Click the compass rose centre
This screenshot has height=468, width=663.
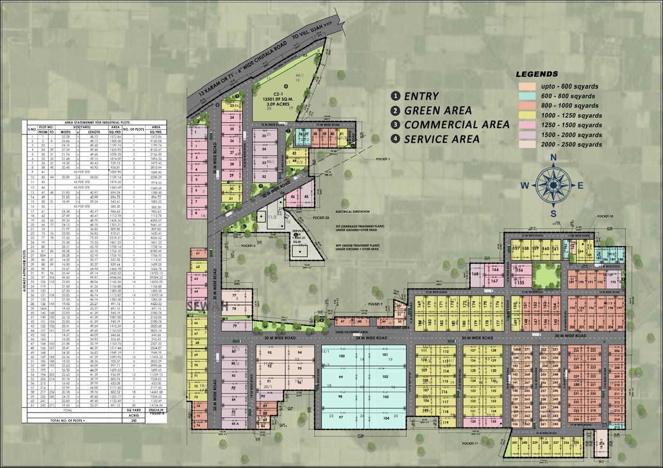pyautogui.click(x=553, y=184)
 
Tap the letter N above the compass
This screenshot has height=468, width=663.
pyautogui.click(x=553, y=158)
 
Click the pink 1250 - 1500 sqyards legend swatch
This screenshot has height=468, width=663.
pyautogui.click(x=528, y=125)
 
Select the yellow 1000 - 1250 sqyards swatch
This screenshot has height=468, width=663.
pyautogui.click(x=528, y=115)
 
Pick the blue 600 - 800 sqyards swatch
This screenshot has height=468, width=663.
pyautogui.click(x=528, y=96)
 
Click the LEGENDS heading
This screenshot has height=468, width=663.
pyautogui.click(x=537, y=74)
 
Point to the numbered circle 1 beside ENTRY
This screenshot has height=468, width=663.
pyautogui.click(x=396, y=96)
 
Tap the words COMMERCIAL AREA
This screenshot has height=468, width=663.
pyautogui.click(x=456, y=125)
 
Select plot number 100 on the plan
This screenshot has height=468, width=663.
pyautogui.click(x=341, y=356)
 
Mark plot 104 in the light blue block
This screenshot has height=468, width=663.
pyautogui.click(x=386, y=418)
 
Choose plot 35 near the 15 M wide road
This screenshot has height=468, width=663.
pyautogui.click(x=264, y=135)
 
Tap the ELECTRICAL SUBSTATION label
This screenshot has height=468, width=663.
pyautogui.click(x=352, y=212)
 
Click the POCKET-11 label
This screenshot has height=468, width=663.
pyautogui.click(x=472, y=444)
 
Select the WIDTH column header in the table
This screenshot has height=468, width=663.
pyautogui.click(x=65, y=132)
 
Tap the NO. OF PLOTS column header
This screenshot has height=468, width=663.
pyautogui.click(x=134, y=129)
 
